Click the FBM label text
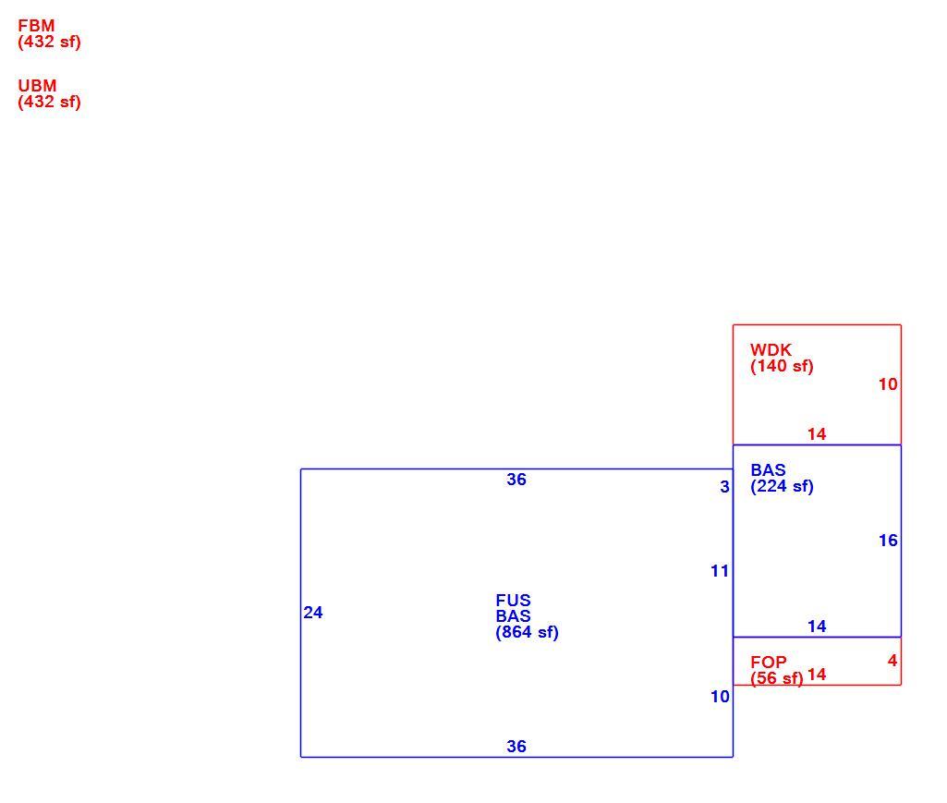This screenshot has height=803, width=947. tap(36, 26)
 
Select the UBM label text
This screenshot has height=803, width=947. tap(38, 86)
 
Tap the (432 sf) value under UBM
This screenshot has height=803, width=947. tap(50, 103)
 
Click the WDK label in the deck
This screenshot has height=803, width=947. tap(771, 350)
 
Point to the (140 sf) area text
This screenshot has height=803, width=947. tap(783, 366)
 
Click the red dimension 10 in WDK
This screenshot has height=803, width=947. tap(888, 384)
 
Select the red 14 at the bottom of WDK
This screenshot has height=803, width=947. tap(817, 434)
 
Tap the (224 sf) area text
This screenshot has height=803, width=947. tap(783, 486)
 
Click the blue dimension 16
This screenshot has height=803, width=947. tap(888, 541)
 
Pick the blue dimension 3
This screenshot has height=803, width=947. tap(724, 487)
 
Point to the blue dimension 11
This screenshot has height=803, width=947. tap(720, 571)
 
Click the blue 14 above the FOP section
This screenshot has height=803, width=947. tap(817, 627)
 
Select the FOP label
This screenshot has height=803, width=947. tap(769, 663)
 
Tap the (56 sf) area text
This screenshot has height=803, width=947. tap(777, 678)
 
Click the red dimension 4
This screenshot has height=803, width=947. tap(892, 661)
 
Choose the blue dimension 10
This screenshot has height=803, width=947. tap(720, 697)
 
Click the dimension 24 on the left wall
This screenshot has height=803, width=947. tap(313, 613)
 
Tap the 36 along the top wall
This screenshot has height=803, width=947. tap(516, 480)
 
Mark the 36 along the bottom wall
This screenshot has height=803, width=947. tap(516, 747)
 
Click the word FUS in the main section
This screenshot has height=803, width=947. tap(514, 601)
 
